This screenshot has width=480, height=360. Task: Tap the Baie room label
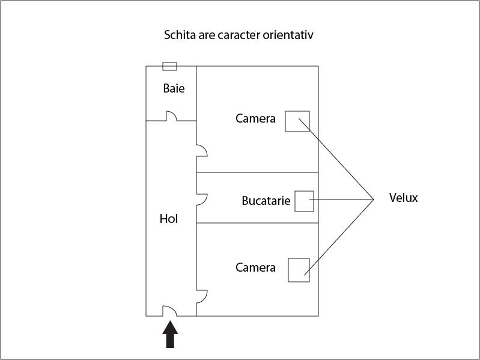tap(174, 88)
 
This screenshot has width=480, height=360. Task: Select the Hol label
tap(169, 219)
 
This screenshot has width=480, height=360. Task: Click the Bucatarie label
tap(266, 201)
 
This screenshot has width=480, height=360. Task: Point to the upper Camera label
tap(255, 118)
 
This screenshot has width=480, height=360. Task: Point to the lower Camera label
tap(255, 267)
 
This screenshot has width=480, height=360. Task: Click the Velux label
tap(404, 198)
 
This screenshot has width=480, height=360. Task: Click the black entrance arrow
tap(170, 334)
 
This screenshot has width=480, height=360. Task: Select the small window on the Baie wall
tap(169, 66)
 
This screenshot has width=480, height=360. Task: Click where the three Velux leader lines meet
tap(374, 200)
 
